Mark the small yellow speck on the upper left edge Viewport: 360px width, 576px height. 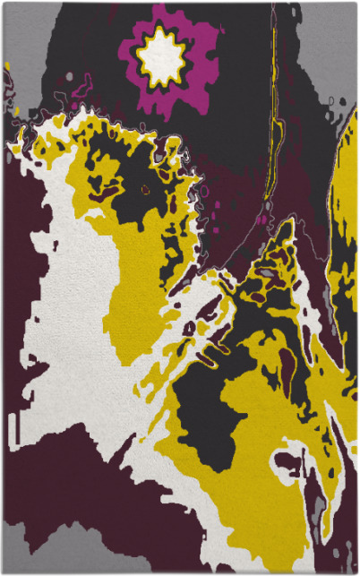pyautogui.click(x=7, y=65)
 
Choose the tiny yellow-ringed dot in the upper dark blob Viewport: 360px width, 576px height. pyautogui.click(x=145, y=189)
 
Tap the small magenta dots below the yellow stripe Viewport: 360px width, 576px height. pyautogui.click(x=261, y=218)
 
